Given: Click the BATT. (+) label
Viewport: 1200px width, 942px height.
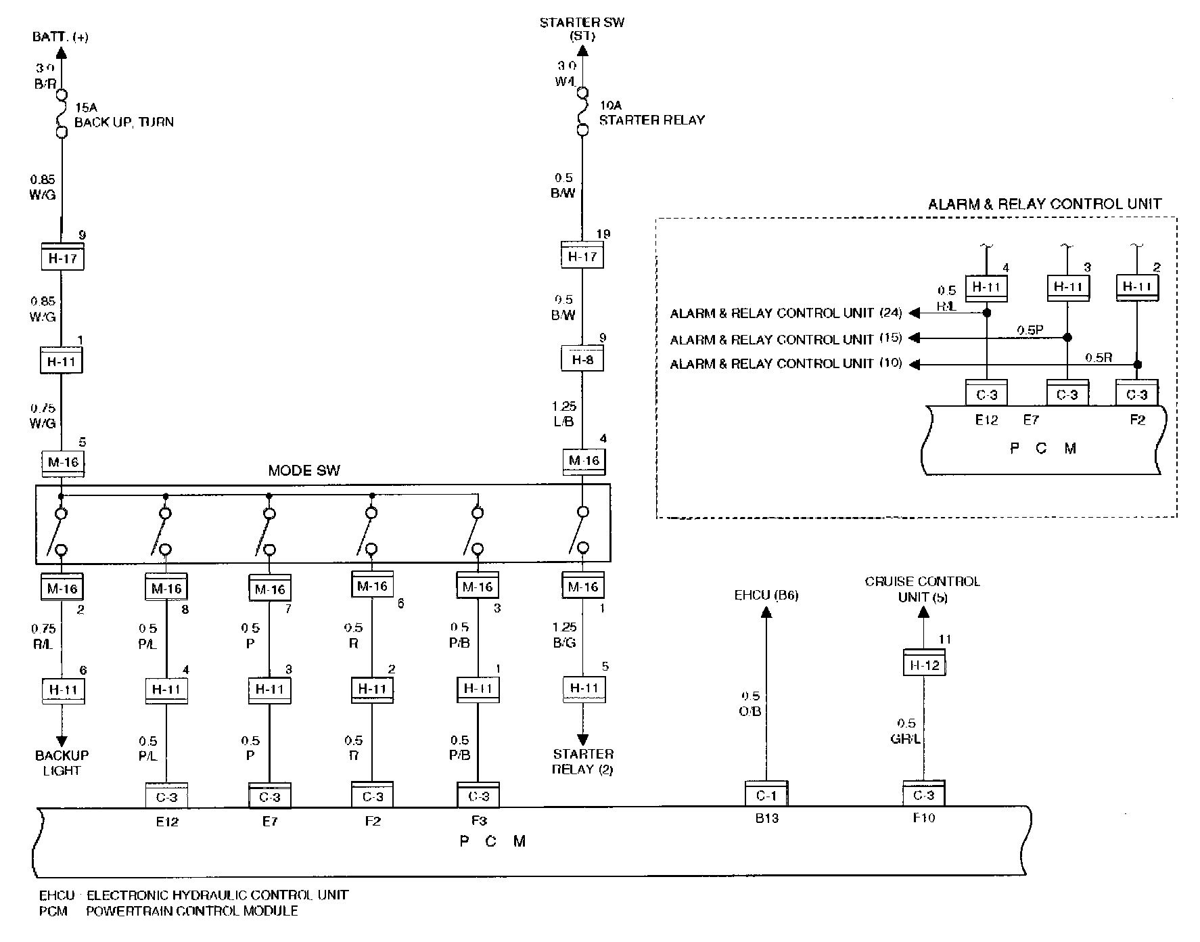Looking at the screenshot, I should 60,37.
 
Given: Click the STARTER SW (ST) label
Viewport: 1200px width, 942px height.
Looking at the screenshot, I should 582,29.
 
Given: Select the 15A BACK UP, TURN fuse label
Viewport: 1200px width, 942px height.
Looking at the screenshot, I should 123,114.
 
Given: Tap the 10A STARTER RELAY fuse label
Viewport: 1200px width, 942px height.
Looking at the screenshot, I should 651,113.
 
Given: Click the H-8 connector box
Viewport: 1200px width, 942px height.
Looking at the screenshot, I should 582,359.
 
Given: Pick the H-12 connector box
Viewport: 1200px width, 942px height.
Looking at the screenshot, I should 924,665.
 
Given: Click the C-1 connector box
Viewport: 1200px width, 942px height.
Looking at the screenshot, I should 766,796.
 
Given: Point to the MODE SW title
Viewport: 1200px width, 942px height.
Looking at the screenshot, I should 304,471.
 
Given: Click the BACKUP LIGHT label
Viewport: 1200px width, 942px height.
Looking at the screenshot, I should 62,763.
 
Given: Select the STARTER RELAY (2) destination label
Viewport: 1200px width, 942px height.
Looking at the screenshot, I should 582,761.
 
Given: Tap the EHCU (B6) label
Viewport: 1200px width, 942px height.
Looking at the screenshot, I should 766,596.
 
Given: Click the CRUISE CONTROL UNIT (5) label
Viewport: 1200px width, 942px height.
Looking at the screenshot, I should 922,589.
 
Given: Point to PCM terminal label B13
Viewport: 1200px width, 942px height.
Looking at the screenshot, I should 766,818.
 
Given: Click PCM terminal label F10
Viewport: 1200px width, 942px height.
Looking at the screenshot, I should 924,818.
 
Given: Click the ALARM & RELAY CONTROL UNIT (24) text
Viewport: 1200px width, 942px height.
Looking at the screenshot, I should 785,313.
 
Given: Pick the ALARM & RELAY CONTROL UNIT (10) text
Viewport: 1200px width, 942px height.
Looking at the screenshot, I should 785,363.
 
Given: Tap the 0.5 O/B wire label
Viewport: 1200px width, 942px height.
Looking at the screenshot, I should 750,704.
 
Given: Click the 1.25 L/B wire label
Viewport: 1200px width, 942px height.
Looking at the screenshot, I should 563,414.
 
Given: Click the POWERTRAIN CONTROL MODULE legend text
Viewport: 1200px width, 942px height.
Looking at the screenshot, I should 192,911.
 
